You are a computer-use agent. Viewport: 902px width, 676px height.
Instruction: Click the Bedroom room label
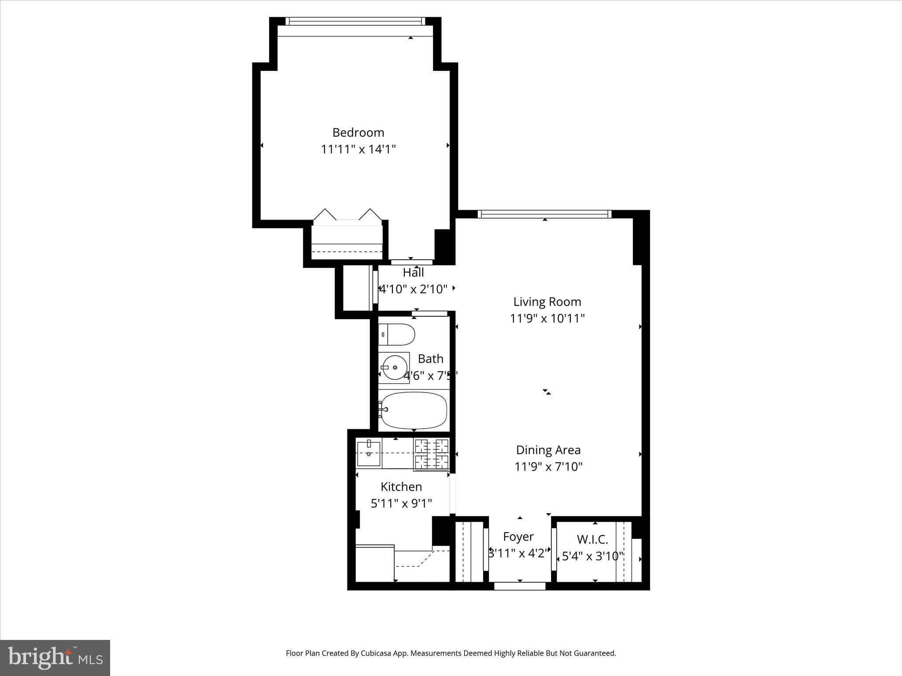click(x=358, y=132)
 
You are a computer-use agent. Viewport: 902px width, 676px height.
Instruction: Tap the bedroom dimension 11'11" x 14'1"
click(x=358, y=149)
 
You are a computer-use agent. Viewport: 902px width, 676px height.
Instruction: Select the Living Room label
click(x=547, y=302)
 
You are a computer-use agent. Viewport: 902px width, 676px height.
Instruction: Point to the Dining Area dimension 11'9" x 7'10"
click(x=548, y=467)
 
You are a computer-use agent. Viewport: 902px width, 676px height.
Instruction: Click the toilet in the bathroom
click(x=396, y=334)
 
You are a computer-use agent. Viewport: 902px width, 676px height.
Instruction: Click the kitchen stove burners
click(x=431, y=455)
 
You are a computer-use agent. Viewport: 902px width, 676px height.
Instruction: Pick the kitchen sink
click(x=368, y=454)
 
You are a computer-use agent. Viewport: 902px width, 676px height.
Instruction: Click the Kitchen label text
click(x=401, y=487)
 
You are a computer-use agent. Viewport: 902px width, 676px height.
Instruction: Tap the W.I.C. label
click(x=592, y=539)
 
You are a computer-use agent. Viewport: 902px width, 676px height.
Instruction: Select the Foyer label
click(x=518, y=537)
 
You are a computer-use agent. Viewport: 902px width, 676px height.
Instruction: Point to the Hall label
click(x=413, y=273)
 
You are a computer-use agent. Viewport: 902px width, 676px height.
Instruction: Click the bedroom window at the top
click(x=355, y=21)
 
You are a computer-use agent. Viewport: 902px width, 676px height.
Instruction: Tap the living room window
click(x=544, y=214)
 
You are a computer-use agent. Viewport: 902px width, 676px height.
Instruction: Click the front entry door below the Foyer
click(x=520, y=586)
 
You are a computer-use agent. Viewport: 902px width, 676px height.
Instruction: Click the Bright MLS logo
click(x=55, y=658)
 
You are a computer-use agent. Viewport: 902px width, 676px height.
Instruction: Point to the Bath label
click(x=430, y=359)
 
